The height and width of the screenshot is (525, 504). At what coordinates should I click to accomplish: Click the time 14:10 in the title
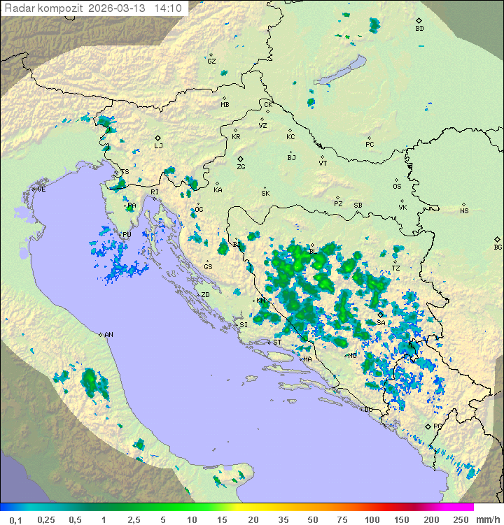pos(168,8)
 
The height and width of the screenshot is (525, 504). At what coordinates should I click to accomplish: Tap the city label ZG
pos(241,167)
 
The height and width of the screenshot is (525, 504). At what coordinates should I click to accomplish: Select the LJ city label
pos(158,145)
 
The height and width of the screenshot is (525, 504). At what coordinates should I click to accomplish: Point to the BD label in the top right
pos(419,29)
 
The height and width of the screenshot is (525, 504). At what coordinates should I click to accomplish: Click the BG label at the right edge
pos(498,247)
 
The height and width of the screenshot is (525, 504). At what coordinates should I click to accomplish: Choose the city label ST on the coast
pos(277,343)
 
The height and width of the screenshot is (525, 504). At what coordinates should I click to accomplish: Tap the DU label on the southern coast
pos(368,410)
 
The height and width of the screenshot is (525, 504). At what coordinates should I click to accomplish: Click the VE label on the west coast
pos(41,189)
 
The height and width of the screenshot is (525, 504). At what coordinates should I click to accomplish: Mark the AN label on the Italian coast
pos(108,335)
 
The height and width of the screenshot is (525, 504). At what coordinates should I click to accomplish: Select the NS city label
pos(464,211)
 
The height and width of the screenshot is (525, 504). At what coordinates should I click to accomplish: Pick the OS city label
pos(397,187)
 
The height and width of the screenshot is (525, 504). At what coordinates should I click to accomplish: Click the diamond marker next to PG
pos(428,426)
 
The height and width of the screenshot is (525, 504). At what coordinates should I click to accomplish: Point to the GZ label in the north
pos(211,61)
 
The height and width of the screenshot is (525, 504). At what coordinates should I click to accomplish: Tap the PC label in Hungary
pos(370,145)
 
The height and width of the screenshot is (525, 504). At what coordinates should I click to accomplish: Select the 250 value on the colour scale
pos(460,519)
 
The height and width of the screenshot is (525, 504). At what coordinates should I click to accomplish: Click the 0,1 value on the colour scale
pos(15,519)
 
